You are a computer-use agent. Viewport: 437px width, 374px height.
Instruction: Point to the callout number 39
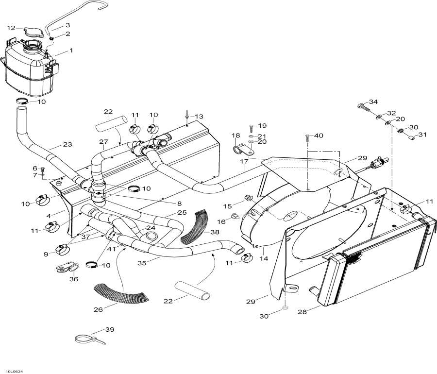pos(110,330)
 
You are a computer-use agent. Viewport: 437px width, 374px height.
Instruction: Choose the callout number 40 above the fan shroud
pos(319,136)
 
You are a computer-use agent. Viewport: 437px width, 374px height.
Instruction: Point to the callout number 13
pos(200,117)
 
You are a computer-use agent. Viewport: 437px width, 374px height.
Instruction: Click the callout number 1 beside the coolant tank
pos(71,51)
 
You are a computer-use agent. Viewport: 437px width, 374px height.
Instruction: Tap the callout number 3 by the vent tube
pos(67,25)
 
